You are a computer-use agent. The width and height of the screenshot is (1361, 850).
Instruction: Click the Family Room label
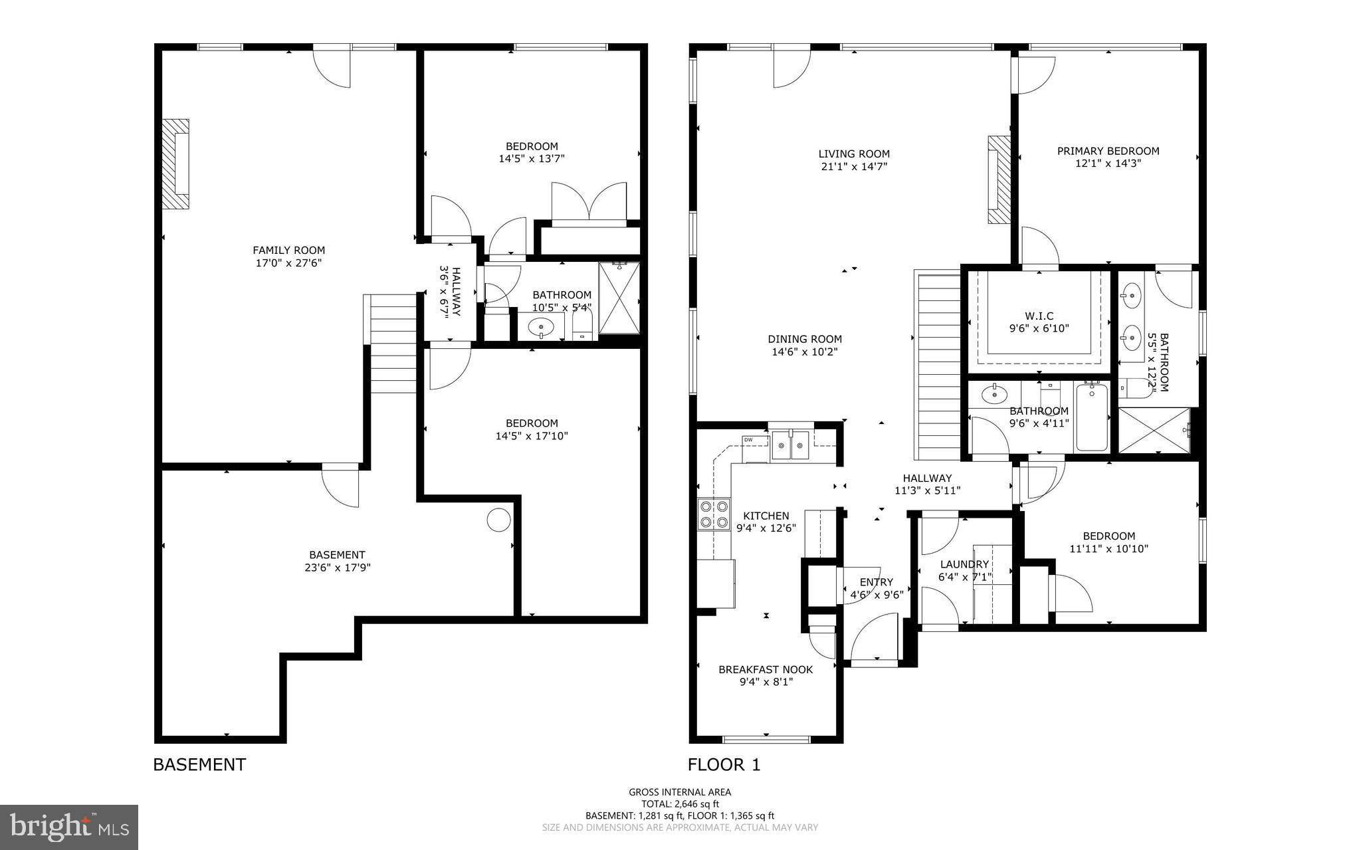[x=288, y=251]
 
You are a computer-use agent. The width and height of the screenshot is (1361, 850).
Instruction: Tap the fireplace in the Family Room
[x=175, y=164]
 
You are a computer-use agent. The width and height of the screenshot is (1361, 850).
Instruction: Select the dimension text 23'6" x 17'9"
[x=337, y=568]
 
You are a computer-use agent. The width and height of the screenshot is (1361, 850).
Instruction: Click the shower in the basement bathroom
[x=619, y=298]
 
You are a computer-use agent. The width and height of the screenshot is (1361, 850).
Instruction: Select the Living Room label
[x=853, y=154]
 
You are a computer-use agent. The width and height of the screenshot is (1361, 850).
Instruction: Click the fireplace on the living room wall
[x=998, y=180]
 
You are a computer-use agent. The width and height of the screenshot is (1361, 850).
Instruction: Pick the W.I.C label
[x=1039, y=316]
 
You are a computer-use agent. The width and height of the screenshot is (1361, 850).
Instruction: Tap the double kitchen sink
[x=790, y=446]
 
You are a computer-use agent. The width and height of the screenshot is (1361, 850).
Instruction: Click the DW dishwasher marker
[x=748, y=440]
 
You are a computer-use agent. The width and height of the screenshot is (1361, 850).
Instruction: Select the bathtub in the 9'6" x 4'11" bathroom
[x=1091, y=417]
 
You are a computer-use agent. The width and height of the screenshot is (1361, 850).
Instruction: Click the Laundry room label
[x=964, y=565]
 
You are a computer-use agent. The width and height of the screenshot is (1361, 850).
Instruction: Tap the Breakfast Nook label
[x=766, y=669]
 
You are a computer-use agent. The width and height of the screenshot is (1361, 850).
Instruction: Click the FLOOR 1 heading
[x=724, y=765]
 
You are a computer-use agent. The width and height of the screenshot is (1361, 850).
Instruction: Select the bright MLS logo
[x=69, y=827]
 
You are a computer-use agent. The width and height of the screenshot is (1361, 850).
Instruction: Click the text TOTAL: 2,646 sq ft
[x=680, y=803]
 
